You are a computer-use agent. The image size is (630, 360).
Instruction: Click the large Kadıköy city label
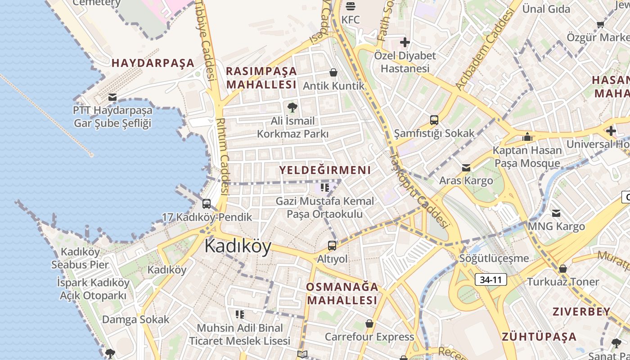(238, 246)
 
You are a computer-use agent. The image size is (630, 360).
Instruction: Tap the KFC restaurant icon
(351, 6)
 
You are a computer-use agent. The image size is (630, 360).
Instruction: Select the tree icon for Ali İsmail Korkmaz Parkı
(292, 107)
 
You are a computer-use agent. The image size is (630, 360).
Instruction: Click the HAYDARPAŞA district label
(153, 63)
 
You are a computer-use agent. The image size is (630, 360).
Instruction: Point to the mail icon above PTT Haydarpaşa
(112, 97)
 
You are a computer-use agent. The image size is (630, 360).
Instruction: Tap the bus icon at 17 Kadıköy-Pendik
(207, 204)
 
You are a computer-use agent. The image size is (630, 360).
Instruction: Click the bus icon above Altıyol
(332, 246)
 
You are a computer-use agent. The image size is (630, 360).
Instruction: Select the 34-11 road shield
(490, 279)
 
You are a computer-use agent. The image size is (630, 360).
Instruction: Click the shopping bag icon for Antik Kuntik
(333, 72)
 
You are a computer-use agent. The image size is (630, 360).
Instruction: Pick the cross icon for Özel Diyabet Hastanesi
(405, 42)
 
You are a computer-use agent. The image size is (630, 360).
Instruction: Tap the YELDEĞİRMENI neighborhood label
(325, 170)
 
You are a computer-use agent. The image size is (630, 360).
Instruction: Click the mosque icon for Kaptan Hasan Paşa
(527, 137)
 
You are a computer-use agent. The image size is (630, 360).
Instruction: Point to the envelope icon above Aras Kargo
(466, 168)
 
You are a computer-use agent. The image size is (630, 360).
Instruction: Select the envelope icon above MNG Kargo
(556, 213)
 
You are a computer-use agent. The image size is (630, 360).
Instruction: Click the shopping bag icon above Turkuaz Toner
(562, 269)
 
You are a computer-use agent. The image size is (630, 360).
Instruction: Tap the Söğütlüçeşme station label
(494, 258)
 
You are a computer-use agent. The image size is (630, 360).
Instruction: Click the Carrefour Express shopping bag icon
(369, 324)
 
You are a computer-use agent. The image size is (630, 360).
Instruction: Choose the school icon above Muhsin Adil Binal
(239, 314)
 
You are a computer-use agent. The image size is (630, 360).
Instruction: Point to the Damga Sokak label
(135, 319)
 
